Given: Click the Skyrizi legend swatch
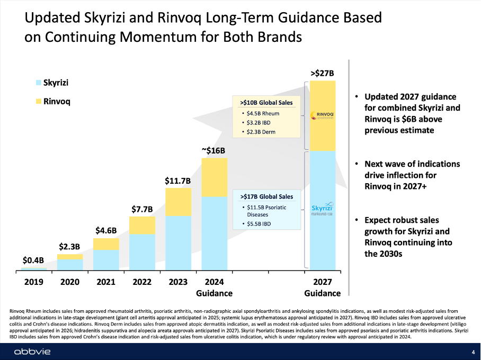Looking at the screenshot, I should tap(38, 83).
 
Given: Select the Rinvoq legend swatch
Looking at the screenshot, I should tap(38, 101).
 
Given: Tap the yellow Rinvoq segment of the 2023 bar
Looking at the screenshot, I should tap(179, 202).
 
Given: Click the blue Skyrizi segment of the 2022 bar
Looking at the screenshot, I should tap(142, 252).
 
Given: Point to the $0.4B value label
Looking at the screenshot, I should tap(33, 260).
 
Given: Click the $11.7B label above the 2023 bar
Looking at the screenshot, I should tap(178, 181).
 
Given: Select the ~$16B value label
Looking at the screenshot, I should tap(214, 150).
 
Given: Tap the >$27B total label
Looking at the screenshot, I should tap(322, 73).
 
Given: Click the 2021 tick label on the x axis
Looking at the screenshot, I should tap(106, 282).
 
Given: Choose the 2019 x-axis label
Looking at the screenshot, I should tap(34, 282).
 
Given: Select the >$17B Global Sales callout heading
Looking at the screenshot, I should tap(266, 197).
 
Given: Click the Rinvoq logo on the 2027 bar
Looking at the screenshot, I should tap(322, 115).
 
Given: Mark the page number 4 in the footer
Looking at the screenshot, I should tap(473, 352).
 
